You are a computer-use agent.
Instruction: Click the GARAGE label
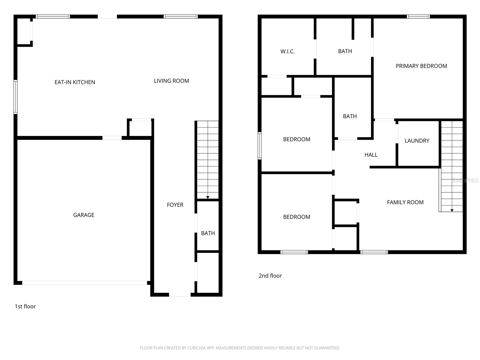pyautogui.click(x=84, y=215)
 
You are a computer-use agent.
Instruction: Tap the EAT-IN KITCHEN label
pyautogui.click(x=75, y=82)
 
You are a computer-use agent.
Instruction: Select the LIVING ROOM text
pyautogui.click(x=171, y=81)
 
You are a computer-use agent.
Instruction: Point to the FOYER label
pyautogui.click(x=175, y=205)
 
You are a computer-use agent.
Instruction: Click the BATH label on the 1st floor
pyautogui.click(x=208, y=233)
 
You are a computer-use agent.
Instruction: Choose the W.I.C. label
pyautogui.click(x=287, y=51)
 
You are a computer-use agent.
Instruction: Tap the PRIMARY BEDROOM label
pyautogui.click(x=421, y=66)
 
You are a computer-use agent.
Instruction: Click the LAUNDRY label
pyautogui.click(x=417, y=141)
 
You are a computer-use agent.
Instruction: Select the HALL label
pyautogui.click(x=371, y=155)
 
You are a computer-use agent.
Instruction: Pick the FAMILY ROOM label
pyautogui.click(x=405, y=202)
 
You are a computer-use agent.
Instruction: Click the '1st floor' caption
pyautogui.click(x=25, y=306)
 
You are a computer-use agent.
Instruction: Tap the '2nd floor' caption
pyautogui.click(x=270, y=276)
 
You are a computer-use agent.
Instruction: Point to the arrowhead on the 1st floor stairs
pyautogui.click(x=208, y=197)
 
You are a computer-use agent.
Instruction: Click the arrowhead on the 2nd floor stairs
pyautogui.click(x=452, y=210)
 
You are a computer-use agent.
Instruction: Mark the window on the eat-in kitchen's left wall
pyautogui.click(x=15, y=97)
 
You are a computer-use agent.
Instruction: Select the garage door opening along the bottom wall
pyautogui.click(x=85, y=283)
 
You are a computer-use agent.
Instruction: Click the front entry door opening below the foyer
pyautogui.click(x=180, y=295)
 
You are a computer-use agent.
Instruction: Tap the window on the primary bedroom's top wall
pyautogui.click(x=418, y=16)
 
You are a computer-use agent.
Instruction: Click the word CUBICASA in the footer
pyautogui.click(x=196, y=348)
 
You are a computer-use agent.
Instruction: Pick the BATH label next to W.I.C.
pyautogui.click(x=345, y=51)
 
